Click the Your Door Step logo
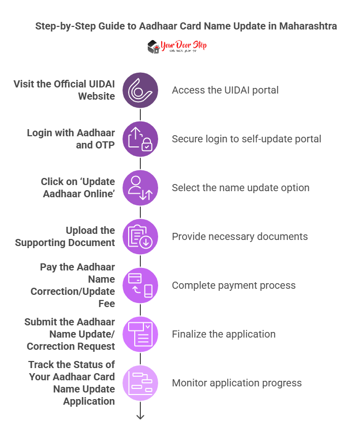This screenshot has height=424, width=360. click(x=177, y=47)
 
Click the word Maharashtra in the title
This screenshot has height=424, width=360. click(x=308, y=26)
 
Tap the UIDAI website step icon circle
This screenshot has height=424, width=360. click(x=140, y=90)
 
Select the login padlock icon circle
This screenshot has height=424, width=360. click(x=140, y=139)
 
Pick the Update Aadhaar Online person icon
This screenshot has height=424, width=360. click(x=140, y=188)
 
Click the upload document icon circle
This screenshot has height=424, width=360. click(x=140, y=236)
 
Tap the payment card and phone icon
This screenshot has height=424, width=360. click(x=140, y=285)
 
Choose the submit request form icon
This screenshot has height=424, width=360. click(x=140, y=334)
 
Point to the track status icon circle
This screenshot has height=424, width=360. click(x=140, y=383)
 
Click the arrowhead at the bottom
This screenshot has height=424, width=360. click(x=140, y=416)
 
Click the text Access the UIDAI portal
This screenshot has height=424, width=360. click(x=225, y=90)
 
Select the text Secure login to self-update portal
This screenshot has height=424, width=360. click(x=247, y=139)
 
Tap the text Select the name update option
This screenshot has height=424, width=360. click(x=241, y=188)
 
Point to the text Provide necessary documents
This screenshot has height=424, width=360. click(x=240, y=236)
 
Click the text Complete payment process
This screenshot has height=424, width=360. click(x=234, y=285)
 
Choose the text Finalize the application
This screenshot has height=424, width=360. click(x=224, y=334)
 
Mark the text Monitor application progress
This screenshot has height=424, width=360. click(x=237, y=383)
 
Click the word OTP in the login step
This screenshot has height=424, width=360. click(x=103, y=145)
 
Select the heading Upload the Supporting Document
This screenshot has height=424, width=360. click(x=65, y=236)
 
